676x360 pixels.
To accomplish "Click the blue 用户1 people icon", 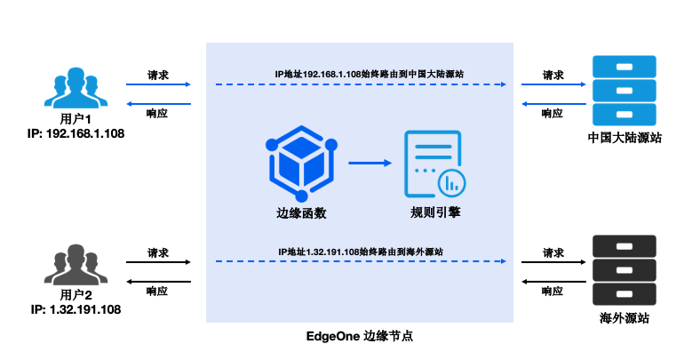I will pyautogui.click(x=76, y=90).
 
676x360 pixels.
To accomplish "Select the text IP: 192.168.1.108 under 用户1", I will pyautogui.click(x=76, y=134).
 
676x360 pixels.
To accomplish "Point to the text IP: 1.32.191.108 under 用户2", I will pyautogui.click(x=76, y=309).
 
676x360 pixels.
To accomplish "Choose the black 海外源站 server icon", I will pyautogui.click(x=624, y=268).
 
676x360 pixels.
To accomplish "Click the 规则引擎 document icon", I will pyautogui.click(x=433, y=164).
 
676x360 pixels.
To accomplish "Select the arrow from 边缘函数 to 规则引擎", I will pyautogui.click(x=370, y=163).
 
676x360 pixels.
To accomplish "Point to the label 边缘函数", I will pyautogui.click(x=300, y=213).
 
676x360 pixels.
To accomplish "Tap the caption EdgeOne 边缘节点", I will pyautogui.click(x=360, y=338).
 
